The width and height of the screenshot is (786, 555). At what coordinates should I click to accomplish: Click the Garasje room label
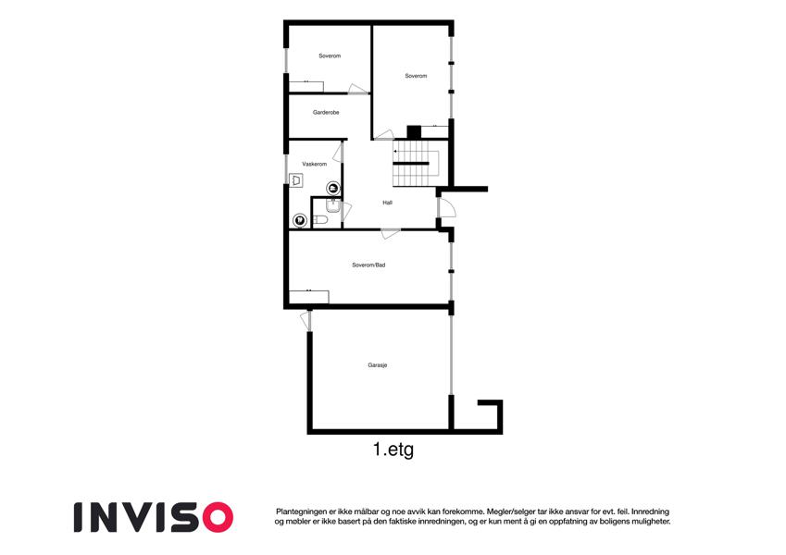(x=378, y=365)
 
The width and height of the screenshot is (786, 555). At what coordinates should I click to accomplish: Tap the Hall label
(x=388, y=203)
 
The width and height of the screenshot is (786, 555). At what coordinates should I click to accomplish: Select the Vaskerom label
(x=314, y=164)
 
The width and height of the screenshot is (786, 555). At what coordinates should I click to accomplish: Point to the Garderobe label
(x=326, y=112)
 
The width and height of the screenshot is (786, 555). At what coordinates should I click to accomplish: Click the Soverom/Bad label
(x=368, y=265)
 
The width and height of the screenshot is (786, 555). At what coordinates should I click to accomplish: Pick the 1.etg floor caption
(x=393, y=450)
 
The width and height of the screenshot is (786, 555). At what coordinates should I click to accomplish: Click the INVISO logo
(x=154, y=517)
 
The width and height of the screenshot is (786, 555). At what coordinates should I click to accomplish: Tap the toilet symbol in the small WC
(x=320, y=220)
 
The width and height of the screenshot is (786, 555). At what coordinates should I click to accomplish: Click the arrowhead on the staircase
(x=396, y=151)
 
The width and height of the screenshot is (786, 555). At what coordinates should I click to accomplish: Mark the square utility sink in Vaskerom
(x=296, y=180)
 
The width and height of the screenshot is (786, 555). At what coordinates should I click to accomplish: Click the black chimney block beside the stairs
(x=414, y=131)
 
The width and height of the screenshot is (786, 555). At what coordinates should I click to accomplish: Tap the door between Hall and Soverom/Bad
(x=391, y=233)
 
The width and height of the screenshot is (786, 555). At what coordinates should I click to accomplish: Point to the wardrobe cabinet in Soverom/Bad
(x=309, y=297)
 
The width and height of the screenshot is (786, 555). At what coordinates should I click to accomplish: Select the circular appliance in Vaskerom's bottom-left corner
(x=300, y=220)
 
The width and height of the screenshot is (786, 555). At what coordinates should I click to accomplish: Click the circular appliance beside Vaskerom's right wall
(x=333, y=189)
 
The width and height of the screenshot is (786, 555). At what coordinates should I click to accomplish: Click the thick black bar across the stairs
(x=411, y=164)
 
